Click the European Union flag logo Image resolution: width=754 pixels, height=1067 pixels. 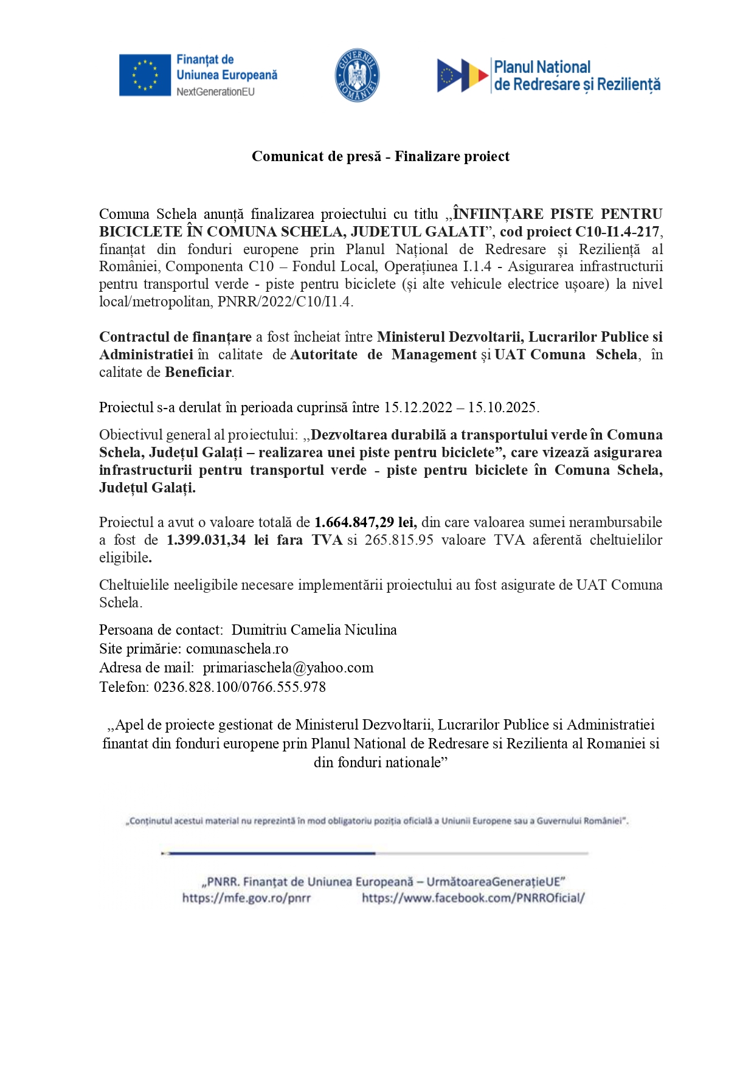tap(145, 75)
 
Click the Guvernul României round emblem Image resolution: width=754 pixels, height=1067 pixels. tap(358, 75)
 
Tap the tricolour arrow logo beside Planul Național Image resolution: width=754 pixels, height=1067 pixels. tap(462, 76)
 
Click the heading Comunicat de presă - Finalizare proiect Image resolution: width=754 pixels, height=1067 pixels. tap(381, 157)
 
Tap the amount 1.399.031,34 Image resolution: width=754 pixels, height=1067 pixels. tap(206, 540)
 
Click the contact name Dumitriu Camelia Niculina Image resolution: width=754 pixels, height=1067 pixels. tap(314, 630)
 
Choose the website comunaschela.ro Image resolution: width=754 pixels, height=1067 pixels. tap(237, 649)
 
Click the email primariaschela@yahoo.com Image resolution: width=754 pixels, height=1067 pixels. tap(288, 668)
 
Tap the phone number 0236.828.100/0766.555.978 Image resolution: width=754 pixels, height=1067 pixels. tap(240, 687)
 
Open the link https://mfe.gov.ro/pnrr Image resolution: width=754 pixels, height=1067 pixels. tap(246, 898)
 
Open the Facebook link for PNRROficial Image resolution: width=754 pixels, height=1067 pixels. tap(473, 898)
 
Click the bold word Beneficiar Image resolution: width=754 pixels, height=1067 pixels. tap(199, 372)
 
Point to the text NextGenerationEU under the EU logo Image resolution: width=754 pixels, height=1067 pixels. tap(215, 92)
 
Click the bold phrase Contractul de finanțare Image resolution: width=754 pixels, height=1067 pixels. tap(175, 337)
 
